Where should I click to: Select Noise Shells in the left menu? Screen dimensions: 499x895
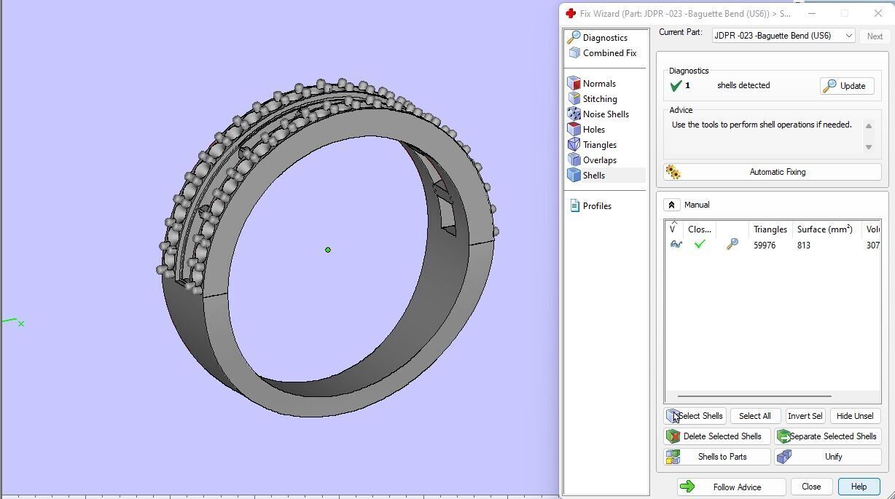pos(605,114)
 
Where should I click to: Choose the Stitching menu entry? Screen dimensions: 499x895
pos(599,99)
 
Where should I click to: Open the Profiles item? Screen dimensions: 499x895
pos(596,206)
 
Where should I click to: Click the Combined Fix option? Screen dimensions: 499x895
pos(609,53)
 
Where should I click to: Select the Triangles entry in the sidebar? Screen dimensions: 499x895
pos(599,145)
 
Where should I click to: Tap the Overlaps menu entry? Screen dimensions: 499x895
pos(599,160)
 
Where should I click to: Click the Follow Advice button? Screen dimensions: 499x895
pos(731,487)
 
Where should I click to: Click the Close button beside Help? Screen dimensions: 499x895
pos(810,487)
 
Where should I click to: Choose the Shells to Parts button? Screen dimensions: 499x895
pos(718,457)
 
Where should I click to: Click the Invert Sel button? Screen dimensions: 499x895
pos(805,416)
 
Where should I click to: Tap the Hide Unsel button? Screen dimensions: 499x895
pos(854,416)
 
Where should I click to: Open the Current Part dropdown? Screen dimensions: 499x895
pos(783,36)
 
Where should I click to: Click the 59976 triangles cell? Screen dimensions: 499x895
pos(765,245)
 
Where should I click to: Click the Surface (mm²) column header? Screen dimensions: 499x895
pos(824,229)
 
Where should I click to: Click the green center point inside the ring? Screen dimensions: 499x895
pos(328,250)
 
